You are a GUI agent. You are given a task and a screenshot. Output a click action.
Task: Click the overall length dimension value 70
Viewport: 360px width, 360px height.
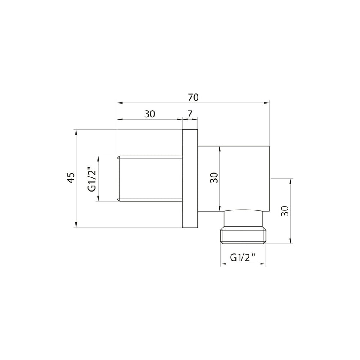click(x=193, y=98)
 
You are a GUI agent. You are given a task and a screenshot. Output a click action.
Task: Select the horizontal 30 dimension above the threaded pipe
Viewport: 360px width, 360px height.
click(x=150, y=114)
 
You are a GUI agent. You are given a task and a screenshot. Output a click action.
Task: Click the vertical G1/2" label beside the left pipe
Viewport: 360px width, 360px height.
click(x=91, y=179)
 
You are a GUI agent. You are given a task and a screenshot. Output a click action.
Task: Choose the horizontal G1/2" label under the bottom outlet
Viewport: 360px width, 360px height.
click(x=243, y=257)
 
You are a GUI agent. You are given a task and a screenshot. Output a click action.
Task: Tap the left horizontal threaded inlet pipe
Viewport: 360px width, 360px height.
click(x=150, y=179)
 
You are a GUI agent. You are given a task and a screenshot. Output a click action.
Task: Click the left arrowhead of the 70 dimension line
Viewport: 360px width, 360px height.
click(x=120, y=103)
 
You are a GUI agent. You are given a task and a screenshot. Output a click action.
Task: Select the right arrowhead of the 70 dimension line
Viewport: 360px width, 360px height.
click(x=267, y=103)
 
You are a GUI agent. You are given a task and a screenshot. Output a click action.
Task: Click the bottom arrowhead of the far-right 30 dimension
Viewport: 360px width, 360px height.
click(x=291, y=241)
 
